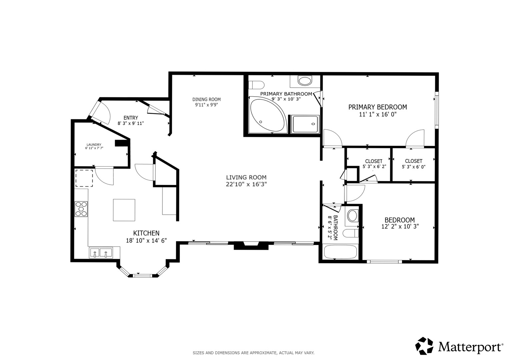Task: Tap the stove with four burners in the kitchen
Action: (x=81, y=209)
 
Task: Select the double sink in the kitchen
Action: (x=101, y=253)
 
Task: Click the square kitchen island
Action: (x=124, y=210)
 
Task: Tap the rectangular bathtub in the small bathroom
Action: (x=340, y=252)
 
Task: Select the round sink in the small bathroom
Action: (x=352, y=216)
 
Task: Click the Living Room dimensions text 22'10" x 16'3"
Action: (x=246, y=184)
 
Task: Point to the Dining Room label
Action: (x=206, y=99)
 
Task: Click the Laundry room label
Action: (x=94, y=145)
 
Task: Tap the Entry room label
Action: (x=131, y=118)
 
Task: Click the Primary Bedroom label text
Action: (x=378, y=107)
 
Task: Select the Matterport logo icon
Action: (x=424, y=346)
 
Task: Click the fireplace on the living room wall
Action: (x=251, y=246)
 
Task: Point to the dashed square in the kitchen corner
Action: (x=84, y=178)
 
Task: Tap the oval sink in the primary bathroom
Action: (x=305, y=81)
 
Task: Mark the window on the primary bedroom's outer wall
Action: (x=437, y=110)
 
